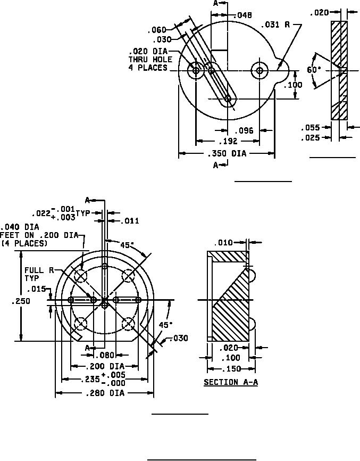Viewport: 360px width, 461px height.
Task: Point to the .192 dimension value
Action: pos(227,142)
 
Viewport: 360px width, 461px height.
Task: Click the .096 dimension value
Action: pos(244,129)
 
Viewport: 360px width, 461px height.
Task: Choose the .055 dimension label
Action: pos(310,128)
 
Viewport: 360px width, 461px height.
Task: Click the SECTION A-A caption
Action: pos(231,382)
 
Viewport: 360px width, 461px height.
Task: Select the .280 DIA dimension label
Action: pos(105,393)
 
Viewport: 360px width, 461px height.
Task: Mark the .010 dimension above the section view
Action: pos(224,243)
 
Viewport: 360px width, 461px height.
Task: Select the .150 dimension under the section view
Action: pos(231,369)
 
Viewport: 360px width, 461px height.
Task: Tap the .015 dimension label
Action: pos(37,290)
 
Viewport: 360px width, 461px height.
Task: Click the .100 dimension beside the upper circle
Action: pos(293,85)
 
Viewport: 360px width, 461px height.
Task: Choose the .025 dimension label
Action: pos(310,138)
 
